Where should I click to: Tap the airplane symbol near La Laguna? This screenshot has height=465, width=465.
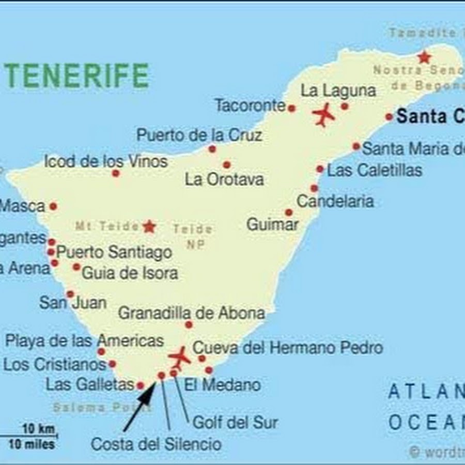[x=324, y=115]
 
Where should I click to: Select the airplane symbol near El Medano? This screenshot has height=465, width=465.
[x=179, y=357]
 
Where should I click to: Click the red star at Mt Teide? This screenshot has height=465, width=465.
[x=149, y=226]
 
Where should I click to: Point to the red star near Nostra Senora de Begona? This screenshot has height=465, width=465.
[x=424, y=57]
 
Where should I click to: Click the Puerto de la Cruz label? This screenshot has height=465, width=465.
[x=199, y=135]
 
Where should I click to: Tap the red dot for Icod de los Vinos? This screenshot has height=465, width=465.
[x=116, y=173]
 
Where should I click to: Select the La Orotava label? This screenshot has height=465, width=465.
[x=224, y=180]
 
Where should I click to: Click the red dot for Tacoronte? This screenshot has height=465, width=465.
[x=291, y=109]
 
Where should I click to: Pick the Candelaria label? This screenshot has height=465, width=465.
[x=335, y=201]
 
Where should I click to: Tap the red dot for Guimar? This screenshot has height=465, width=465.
[x=289, y=212]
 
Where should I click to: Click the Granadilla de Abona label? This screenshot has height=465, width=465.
[x=192, y=313]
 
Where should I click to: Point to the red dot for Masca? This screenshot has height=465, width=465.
[x=53, y=207]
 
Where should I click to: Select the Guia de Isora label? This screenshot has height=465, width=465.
[x=130, y=273]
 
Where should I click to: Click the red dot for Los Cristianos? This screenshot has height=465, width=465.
[x=112, y=364]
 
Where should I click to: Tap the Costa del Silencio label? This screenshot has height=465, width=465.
[x=156, y=444]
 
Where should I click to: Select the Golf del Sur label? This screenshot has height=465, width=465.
[x=235, y=423]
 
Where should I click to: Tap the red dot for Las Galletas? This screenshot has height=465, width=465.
[x=140, y=385]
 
